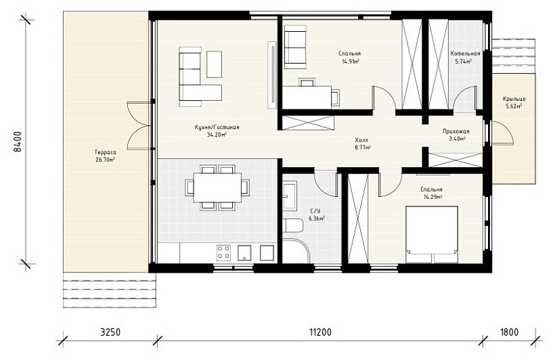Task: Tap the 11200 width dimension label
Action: coord(320,332)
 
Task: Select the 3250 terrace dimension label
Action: coord(111,332)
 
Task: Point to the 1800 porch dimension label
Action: coord(509,332)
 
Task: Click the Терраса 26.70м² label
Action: coord(105,156)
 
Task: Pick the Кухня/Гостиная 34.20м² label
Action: coord(217,131)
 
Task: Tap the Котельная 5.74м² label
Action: coord(465,57)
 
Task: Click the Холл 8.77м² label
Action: coord(362,144)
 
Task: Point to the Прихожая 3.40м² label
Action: coord(456,135)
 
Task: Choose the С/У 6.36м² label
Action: coord(317,215)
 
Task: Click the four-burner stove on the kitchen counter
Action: coord(223,253)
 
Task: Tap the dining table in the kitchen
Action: coord(217,187)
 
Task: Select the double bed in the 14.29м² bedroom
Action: coord(431,234)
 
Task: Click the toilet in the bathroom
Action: coord(292,225)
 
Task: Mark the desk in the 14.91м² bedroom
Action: coord(307,97)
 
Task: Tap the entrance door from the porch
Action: coord(502,133)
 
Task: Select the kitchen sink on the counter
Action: coord(245,253)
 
